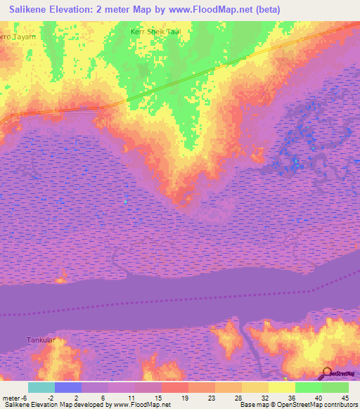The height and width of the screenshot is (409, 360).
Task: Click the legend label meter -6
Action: [15, 397]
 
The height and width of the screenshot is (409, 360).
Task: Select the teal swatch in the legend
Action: [41, 387]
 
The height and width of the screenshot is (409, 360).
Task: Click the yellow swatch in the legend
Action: [281, 387]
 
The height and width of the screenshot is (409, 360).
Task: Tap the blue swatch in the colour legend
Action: [67, 387]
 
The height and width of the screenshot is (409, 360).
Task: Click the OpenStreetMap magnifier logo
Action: [328, 373]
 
